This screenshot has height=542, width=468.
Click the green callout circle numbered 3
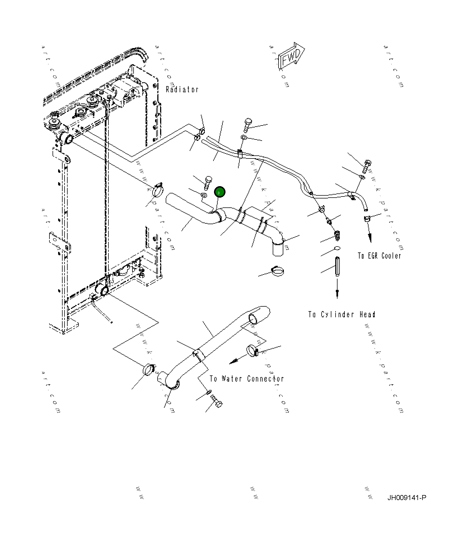click(x=220, y=192)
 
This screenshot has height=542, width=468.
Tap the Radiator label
click(x=182, y=89)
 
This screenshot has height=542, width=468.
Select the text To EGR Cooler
click(x=379, y=255)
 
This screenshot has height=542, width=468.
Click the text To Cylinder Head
click(x=341, y=314)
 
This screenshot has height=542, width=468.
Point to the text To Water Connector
click(x=247, y=378)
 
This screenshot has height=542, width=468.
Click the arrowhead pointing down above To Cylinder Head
click(x=337, y=293)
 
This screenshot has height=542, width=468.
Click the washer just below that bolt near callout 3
click(x=204, y=195)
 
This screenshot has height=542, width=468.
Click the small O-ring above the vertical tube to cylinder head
click(x=337, y=248)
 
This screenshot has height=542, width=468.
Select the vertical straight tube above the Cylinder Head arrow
click(x=338, y=266)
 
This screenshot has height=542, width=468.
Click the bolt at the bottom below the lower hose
click(x=217, y=401)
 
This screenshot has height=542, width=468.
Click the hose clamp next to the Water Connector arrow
click(x=253, y=350)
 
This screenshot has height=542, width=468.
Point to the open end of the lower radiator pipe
click(x=254, y=318)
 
